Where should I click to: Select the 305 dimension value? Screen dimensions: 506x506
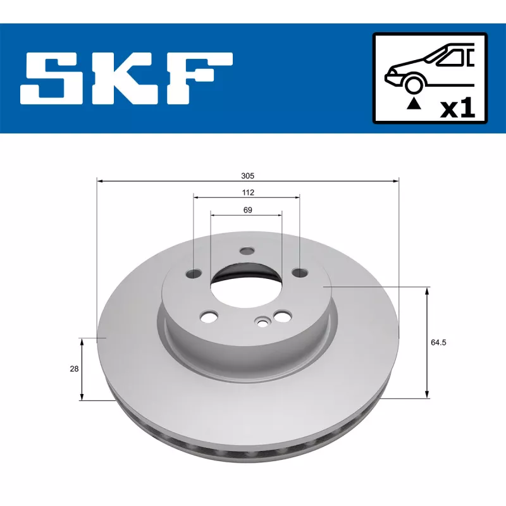tap(248, 175)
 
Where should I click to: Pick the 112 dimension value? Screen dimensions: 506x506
tap(247, 192)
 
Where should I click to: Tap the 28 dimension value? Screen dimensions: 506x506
tap(75, 369)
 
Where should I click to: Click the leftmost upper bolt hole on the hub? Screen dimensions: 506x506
tap(194, 274)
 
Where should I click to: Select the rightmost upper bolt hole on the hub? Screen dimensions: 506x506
tap(299, 273)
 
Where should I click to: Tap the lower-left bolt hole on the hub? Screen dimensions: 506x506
tap(207, 314)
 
